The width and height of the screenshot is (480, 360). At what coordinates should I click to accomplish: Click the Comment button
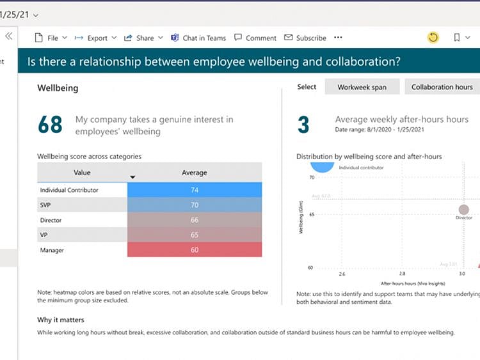255,38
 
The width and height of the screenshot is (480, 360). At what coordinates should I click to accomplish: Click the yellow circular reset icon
433,38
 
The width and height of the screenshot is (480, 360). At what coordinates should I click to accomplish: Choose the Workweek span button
362,87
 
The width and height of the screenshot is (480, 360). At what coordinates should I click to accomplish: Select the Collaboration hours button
442,87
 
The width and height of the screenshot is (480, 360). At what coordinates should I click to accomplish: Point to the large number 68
50,125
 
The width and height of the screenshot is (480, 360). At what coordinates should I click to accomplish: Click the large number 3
303,125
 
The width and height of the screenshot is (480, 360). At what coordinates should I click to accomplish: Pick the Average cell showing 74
195,190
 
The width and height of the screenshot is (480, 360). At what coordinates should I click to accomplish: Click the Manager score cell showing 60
195,250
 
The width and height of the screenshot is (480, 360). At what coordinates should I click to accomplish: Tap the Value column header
82,173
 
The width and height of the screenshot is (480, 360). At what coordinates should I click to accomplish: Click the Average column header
195,173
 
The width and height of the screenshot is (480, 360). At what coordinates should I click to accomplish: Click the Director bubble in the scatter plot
464,210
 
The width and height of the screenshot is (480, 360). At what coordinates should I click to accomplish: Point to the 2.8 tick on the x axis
402,274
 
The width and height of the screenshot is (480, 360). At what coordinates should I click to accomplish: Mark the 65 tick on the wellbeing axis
311,214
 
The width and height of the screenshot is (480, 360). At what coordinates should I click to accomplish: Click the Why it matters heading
61,320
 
